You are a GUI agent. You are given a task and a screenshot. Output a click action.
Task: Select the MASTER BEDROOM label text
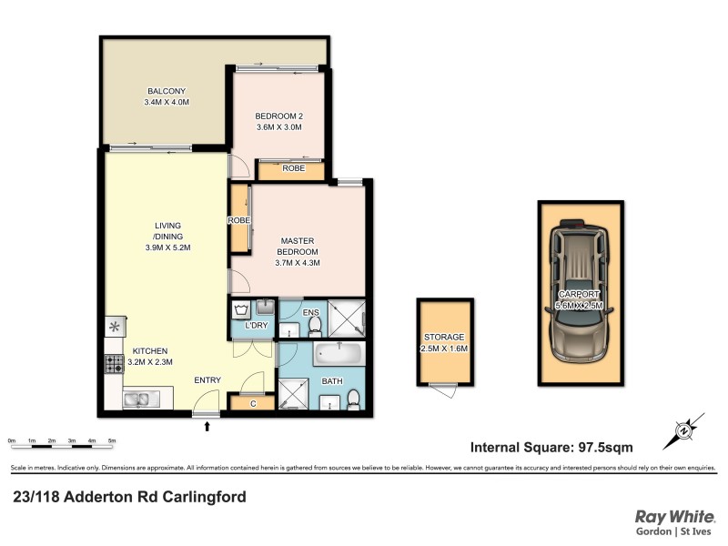pos(298,246)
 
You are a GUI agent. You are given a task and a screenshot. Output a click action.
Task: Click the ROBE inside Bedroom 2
pos(292,168)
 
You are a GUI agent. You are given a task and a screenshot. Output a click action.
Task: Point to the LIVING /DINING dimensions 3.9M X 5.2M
pos(167,247)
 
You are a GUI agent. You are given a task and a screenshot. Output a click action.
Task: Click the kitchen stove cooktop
pos(115,365)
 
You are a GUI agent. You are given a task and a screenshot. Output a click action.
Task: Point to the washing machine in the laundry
pos(240,308)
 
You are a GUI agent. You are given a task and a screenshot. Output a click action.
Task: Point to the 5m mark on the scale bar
pos(112,441)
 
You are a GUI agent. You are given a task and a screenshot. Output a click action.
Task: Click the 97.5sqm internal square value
pos(602,447)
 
